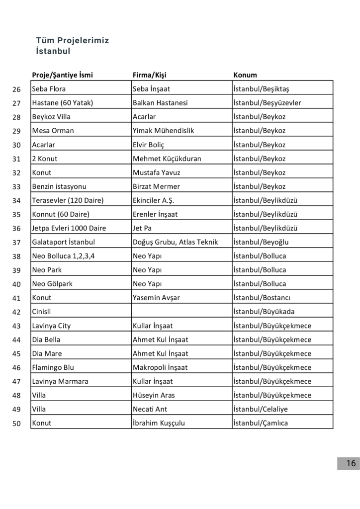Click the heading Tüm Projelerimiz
click(x=73, y=40)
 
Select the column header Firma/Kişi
click(x=149, y=75)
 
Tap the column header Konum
click(x=245, y=75)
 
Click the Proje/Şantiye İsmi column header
click(x=62, y=75)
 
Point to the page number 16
click(x=351, y=463)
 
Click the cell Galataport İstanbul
click(x=63, y=242)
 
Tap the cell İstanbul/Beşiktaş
click(x=261, y=89)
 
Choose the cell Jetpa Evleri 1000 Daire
click(x=69, y=228)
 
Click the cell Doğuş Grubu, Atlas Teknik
click(x=175, y=242)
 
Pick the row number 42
click(x=16, y=312)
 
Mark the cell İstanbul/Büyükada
click(x=264, y=312)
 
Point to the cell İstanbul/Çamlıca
click(x=261, y=423)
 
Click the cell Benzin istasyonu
click(x=59, y=186)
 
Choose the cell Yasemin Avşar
click(x=156, y=298)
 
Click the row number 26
click(x=16, y=89)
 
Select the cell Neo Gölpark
click(x=52, y=284)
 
